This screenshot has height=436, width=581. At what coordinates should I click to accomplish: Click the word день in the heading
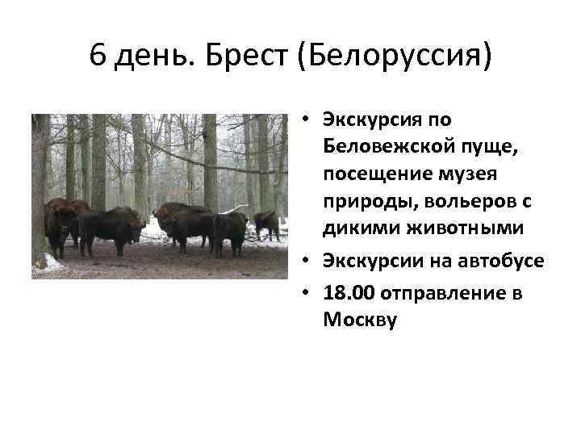click(154, 58)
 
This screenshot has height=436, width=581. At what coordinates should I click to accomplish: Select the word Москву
click(361, 320)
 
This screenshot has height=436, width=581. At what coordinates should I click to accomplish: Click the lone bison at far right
click(267, 224)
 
